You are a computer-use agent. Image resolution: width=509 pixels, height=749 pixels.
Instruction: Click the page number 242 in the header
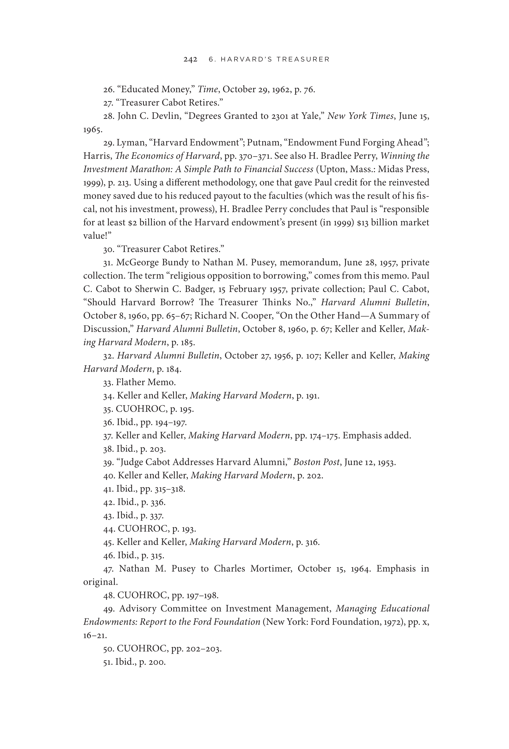(190, 59)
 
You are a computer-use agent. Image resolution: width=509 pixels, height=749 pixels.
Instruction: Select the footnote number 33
(108, 383)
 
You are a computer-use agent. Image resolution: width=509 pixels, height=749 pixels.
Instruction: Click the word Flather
(131, 383)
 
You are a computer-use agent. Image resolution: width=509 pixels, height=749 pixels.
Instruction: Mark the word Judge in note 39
(131, 462)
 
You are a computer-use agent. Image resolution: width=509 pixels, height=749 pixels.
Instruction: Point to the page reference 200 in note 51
(157, 662)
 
